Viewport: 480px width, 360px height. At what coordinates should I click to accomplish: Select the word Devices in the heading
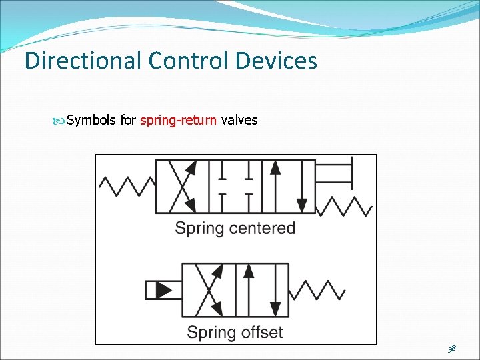coord(276,61)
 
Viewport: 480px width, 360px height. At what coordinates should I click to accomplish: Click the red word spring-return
coord(179,121)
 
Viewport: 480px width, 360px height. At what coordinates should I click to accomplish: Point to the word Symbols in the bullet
coord(91,121)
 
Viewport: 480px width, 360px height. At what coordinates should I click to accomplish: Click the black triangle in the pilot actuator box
coord(162,290)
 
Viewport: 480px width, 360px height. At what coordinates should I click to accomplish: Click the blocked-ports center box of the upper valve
coord(235,187)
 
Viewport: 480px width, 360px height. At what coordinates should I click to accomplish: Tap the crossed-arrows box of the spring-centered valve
coord(182,187)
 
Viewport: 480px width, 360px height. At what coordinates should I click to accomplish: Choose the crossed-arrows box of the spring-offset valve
coord(209,289)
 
